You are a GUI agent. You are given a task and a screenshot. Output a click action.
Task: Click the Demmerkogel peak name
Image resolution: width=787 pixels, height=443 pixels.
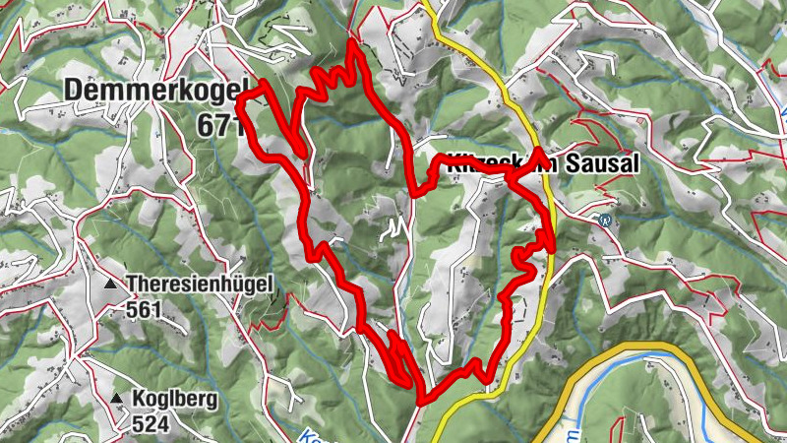coord(155,91)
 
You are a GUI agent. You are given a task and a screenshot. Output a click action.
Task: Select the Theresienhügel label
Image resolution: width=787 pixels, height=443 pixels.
coord(199,285)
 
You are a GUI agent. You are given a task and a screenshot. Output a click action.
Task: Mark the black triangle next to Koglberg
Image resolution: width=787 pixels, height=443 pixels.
coord(117,399)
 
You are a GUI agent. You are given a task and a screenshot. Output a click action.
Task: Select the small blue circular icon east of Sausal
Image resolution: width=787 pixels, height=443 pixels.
coord(605,220)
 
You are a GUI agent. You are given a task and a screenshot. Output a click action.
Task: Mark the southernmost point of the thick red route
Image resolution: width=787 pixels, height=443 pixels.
coord(421,402)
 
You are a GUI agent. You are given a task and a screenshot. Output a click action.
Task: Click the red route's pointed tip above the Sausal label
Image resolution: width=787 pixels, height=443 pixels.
coord(542,153)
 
